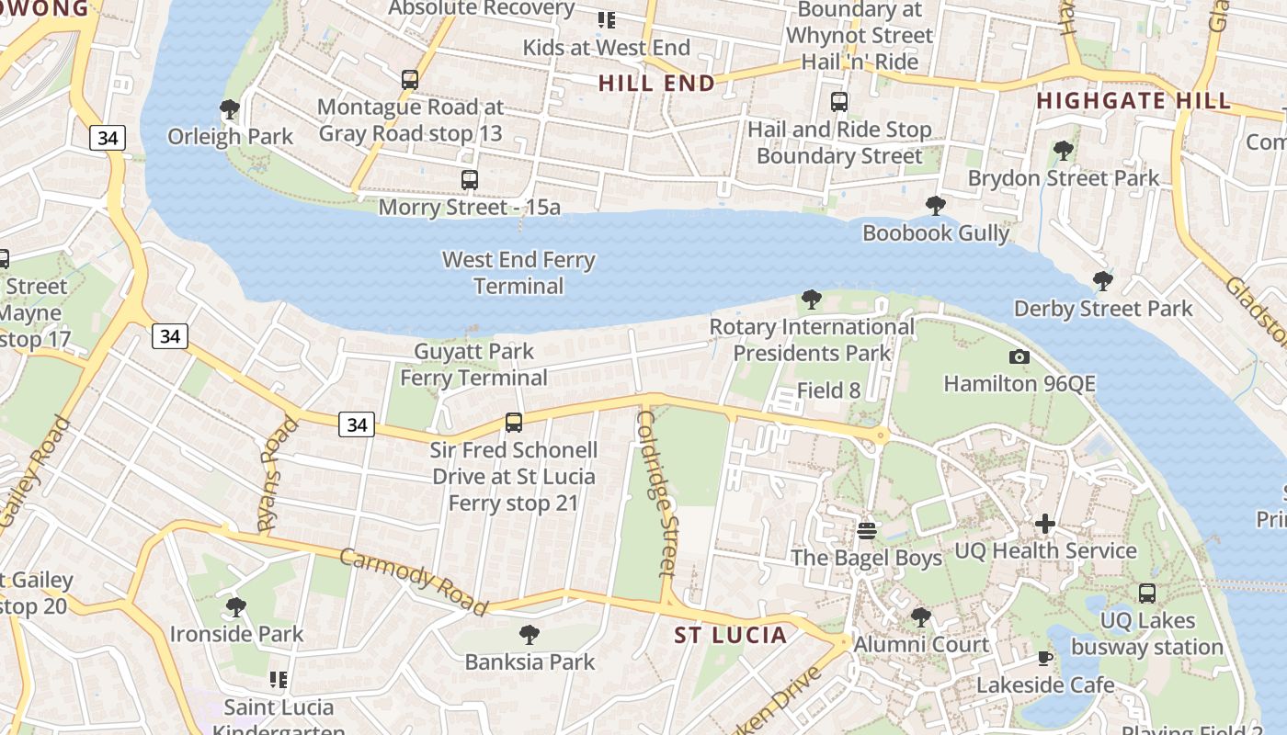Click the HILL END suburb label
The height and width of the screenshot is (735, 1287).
tap(656, 84)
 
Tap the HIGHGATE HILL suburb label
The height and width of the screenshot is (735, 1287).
tap(1133, 101)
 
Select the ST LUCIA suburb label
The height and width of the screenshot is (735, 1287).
tap(731, 635)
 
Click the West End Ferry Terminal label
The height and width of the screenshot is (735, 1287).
tap(518, 273)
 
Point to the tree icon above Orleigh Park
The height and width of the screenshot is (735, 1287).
tap(230, 110)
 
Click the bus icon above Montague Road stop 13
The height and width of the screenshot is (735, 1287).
tap(410, 80)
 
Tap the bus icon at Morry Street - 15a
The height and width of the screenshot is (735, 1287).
tap(470, 180)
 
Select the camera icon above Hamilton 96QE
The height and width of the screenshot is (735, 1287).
tap(1019, 357)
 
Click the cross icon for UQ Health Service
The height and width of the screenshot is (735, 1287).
tap(1045, 525)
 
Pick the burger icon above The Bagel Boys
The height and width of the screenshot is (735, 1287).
tap(866, 531)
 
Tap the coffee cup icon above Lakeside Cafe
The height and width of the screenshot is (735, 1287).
tap(1045, 658)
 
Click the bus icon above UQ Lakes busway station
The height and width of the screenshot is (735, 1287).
tap(1147, 594)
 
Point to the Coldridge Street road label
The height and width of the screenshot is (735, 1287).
tap(659, 492)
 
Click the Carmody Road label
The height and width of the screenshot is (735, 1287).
tap(413, 581)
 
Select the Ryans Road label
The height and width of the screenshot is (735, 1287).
tap(279, 474)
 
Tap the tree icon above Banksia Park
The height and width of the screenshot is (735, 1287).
tap(529, 634)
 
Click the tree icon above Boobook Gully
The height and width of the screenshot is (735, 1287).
tap(936, 206)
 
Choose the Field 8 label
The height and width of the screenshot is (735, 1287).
tap(828, 390)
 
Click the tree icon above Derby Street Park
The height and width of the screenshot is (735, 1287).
tap(1103, 281)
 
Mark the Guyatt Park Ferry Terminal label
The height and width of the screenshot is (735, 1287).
tap(473, 365)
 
